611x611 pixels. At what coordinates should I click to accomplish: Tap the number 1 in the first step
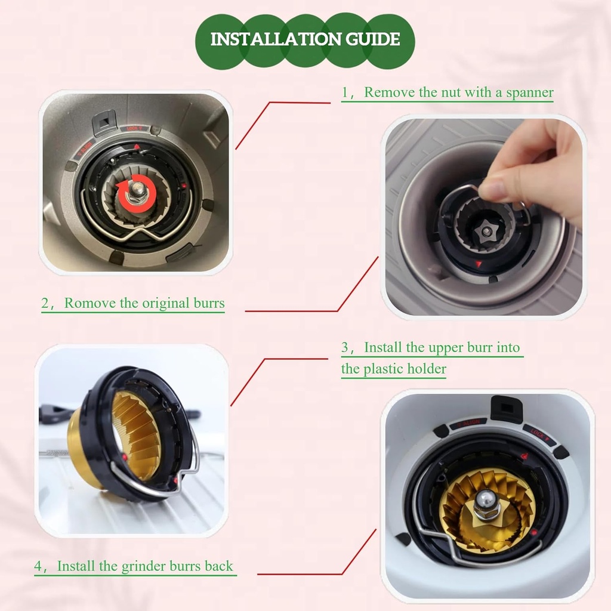pos(345,92)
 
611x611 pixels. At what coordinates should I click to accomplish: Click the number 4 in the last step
pos(38,566)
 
